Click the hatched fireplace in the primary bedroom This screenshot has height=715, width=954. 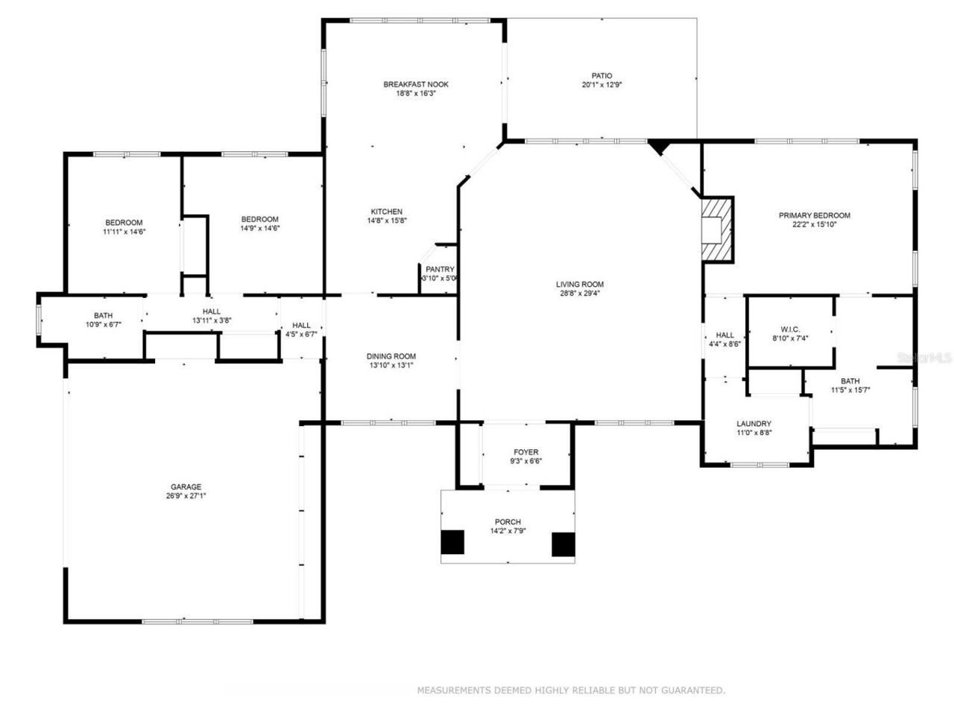pyautogui.click(x=716, y=229)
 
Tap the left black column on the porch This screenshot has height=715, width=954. pyautogui.click(x=452, y=542)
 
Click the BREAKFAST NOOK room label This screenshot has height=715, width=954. pyautogui.click(x=416, y=84)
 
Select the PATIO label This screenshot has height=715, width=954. pyautogui.click(x=601, y=75)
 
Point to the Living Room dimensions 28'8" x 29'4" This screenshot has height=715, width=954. pyautogui.click(x=579, y=293)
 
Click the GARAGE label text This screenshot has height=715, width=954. pyautogui.click(x=186, y=487)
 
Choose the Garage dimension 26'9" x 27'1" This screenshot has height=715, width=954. pyautogui.click(x=186, y=496)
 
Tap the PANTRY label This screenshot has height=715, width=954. pyautogui.click(x=440, y=270)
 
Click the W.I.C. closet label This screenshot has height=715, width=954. pyautogui.click(x=790, y=328)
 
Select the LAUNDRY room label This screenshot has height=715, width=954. pyautogui.click(x=754, y=424)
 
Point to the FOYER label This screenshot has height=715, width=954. pyautogui.click(x=525, y=452)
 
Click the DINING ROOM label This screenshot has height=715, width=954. pyautogui.click(x=391, y=356)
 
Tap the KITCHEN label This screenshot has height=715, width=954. pyautogui.click(x=386, y=212)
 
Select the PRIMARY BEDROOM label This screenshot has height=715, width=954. pyautogui.click(x=814, y=215)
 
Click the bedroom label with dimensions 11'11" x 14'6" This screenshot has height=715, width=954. pyautogui.click(x=124, y=223)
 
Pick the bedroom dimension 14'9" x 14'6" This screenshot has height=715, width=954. pyautogui.click(x=259, y=228)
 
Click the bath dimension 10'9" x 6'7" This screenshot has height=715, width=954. pyautogui.click(x=103, y=324)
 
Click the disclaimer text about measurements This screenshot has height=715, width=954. pyautogui.click(x=570, y=690)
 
